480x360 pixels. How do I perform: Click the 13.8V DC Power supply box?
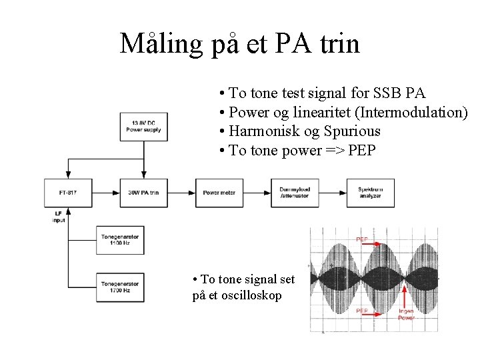tap(143, 126)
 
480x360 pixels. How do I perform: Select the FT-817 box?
tap(67, 193)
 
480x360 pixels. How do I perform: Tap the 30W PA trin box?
tap(143, 193)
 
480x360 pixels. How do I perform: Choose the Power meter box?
tap(219, 193)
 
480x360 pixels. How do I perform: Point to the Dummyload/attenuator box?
tap(295, 193)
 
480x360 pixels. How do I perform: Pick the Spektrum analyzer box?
tap(370, 193)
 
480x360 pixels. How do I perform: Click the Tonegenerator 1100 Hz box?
tap(121, 239)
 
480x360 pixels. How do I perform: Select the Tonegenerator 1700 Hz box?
tap(121, 287)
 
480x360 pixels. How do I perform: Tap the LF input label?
tap(59, 217)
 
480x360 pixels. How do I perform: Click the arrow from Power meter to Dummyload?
tap(257, 193)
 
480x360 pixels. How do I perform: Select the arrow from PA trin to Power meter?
tap(181, 193)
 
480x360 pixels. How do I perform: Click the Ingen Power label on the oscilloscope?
tap(406, 314)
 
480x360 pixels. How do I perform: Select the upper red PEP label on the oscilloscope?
tap(361, 239)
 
